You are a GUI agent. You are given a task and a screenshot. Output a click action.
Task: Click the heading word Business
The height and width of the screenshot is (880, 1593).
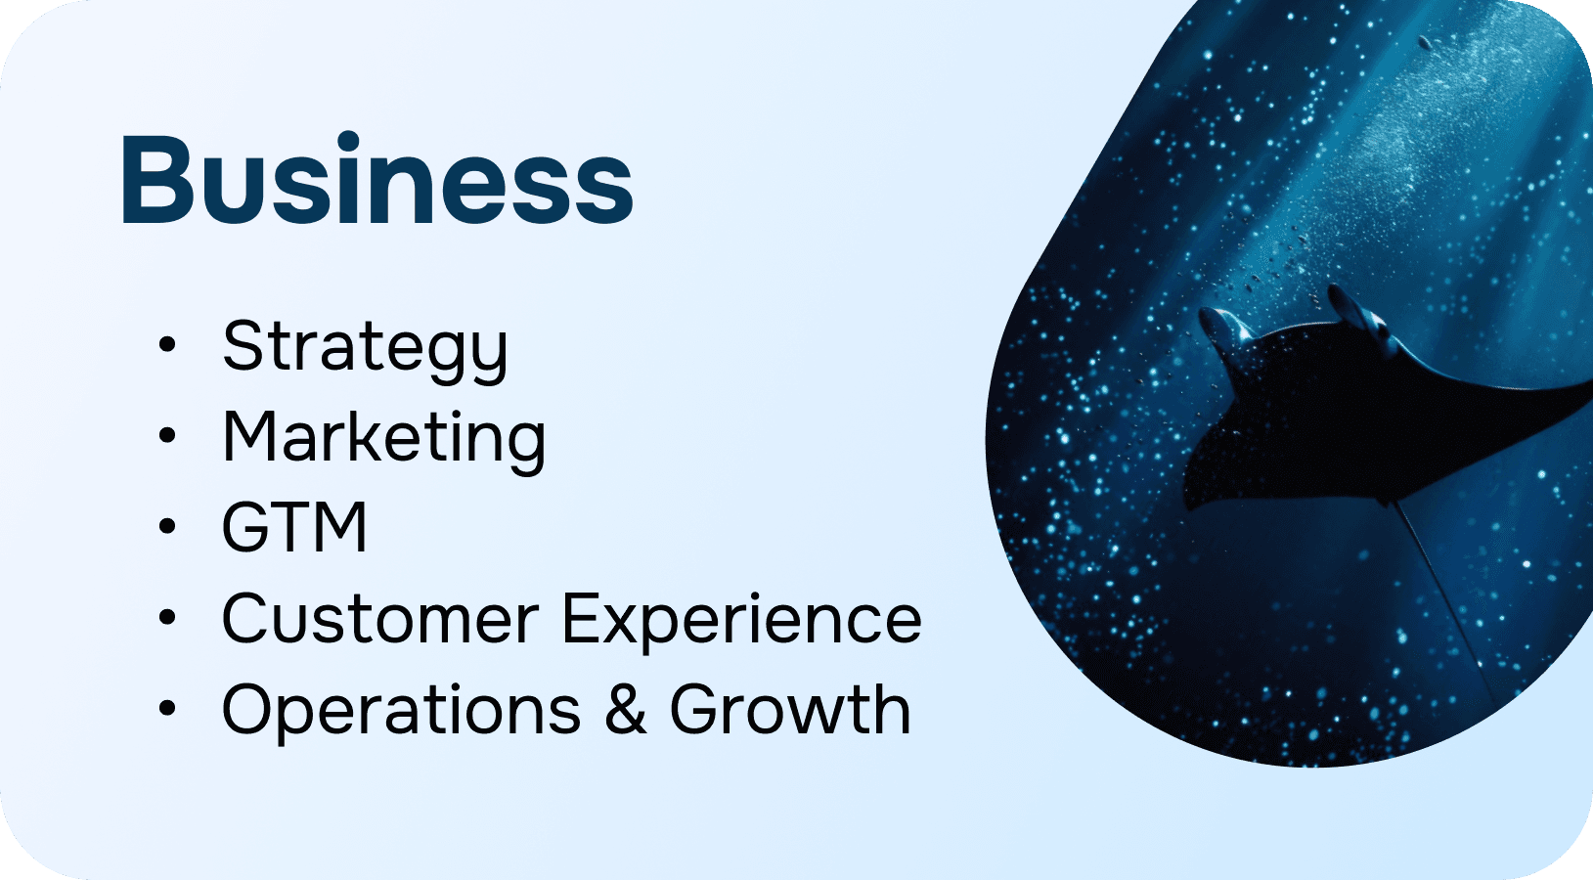click(x=376, y=178)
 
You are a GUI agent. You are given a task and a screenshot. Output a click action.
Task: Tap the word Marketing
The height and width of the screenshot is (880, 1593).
click(x=384, y=439)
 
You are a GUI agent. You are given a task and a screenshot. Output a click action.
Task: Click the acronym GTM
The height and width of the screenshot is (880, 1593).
click(x=294, y=527)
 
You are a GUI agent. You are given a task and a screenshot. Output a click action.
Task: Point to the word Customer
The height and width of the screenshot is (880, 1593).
click(x=380, y=618)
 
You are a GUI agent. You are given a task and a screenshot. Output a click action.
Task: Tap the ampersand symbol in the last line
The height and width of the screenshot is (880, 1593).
click(x=626, y=709)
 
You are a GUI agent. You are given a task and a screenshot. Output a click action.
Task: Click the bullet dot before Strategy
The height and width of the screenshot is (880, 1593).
click(x=167, y=345)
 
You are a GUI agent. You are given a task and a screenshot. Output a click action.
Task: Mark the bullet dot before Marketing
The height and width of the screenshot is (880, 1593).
click(x=167, y=435)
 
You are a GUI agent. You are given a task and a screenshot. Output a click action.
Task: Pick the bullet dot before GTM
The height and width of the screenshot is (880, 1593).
click(x=167, y=526)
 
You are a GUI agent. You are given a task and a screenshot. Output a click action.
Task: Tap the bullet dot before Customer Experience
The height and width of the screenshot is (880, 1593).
click(x=167, y=617)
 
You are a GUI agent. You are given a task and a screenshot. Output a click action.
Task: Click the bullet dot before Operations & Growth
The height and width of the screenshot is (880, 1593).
click(x=167, y=708)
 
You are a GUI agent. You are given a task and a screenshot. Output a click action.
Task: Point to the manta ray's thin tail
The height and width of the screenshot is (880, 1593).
click(x=1443, y=604)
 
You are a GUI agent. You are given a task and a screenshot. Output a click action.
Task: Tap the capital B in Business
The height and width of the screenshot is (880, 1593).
click(x=156, y=180)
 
